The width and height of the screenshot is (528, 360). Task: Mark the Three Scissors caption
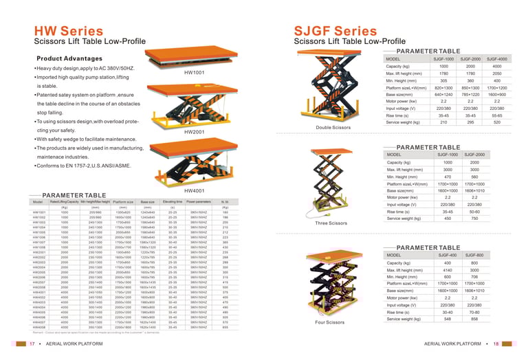[x=331, y=223]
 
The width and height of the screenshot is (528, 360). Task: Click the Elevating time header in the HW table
[x=173, y=202]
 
